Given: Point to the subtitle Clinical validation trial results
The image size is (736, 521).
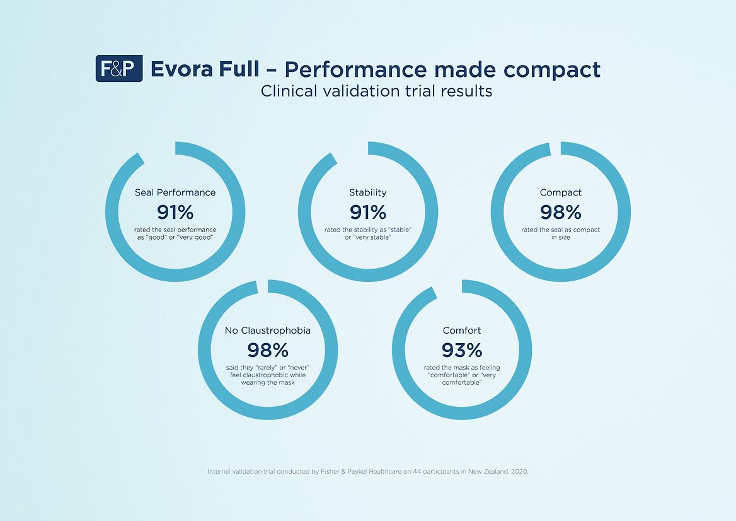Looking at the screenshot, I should (x=376, y=91).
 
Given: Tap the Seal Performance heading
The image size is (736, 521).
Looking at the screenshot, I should (x=175, y=192).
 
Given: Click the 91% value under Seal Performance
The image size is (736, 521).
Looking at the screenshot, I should (x=175, y=212).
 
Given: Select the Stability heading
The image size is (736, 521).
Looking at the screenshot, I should (x=368, y=192).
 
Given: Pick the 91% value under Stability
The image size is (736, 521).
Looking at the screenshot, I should (x=368, y=212).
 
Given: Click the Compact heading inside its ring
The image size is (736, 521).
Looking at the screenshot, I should (x=561, y=192).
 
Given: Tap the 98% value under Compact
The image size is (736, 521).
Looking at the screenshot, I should (x=561, y=212).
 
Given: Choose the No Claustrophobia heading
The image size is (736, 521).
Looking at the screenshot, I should (x=268, y=330).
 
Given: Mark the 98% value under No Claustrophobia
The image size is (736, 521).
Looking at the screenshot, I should (x=268, y=349).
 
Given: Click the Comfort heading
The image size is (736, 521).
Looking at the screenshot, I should (x=462, y=330).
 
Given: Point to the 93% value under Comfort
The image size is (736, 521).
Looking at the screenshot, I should (x=462, y=349).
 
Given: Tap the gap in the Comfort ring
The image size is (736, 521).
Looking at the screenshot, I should (x=449, y=287).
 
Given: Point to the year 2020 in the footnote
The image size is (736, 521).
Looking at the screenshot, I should (x=518, y=471).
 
